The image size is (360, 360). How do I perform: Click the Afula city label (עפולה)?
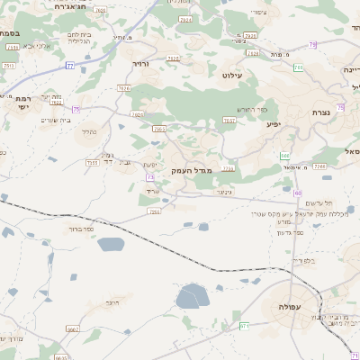click(x=279, y=308)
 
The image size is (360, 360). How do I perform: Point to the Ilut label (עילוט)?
click(x=234, y=76)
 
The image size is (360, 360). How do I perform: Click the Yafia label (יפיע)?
click(x=274, y=123)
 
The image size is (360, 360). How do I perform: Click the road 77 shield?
click(x=69, y=65)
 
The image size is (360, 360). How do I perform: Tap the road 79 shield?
click(x=311, y=44)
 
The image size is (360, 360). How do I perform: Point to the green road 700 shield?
click(x=284, y=156)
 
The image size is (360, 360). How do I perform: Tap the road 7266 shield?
click(x=319, y=166)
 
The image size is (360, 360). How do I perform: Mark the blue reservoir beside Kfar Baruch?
click(x=110, y=243)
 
